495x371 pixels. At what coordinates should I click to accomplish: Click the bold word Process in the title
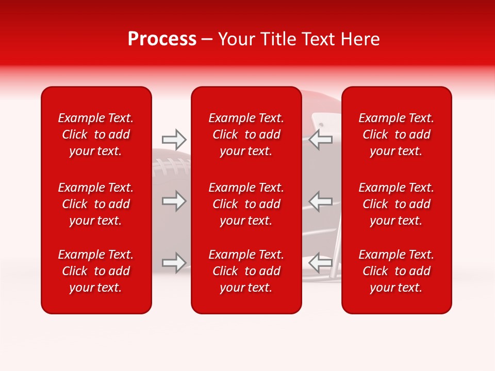(x=162, y=39)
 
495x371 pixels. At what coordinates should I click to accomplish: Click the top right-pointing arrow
(x=174, y=139)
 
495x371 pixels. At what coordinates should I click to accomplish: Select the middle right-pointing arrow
(x=174, y=201)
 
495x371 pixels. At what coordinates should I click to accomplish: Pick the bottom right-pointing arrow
(x=174, y=263)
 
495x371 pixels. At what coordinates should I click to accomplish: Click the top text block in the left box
(x=96, y=134)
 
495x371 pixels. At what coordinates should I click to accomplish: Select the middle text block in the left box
(x=96, y=204)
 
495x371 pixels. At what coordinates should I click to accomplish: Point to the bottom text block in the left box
(x=96, y=271)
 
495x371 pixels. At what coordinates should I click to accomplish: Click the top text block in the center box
(x=246, y=134)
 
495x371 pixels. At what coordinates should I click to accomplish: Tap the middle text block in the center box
(x=246, y=204)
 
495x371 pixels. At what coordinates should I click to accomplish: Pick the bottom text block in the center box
(x=246, y=271)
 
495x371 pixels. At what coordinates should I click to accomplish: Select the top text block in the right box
(x=397, y=134)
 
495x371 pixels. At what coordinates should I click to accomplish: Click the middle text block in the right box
(x=397, y=204)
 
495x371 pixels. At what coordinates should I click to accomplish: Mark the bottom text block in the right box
(x=397, y=271)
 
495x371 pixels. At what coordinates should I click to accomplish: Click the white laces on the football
(x=170, y=166)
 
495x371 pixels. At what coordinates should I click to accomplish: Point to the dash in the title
(x=207, y=40)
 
